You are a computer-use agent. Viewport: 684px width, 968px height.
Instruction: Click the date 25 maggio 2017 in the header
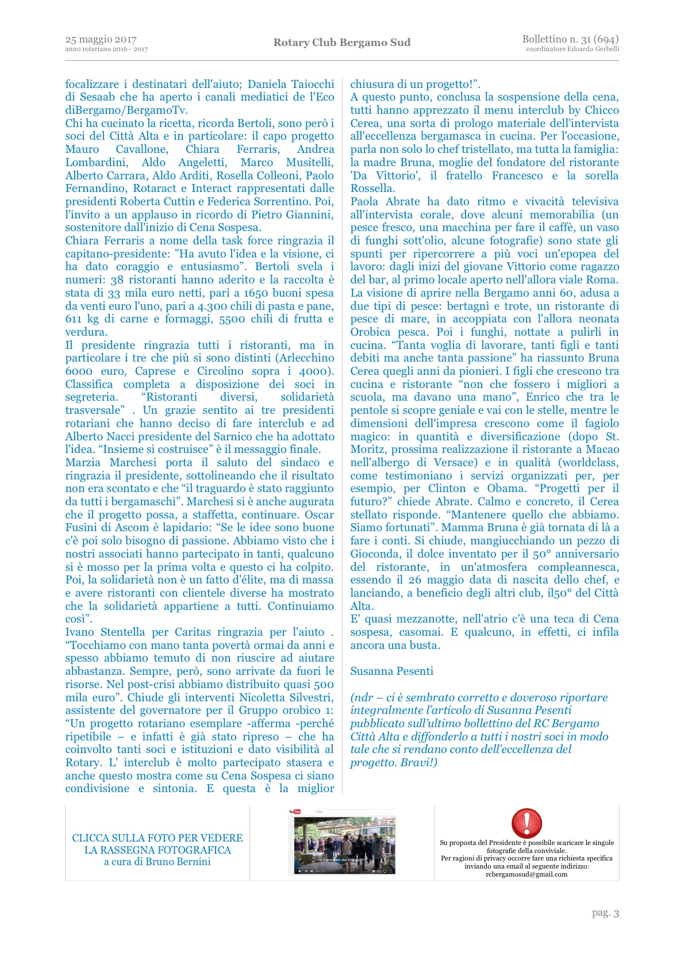tap(101, 40)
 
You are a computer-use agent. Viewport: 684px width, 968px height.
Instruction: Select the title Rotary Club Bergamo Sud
tap(342, 43)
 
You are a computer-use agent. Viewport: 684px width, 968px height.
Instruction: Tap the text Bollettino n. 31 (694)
tap(570, 39)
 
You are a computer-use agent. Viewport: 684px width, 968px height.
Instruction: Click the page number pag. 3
tap(605, 913)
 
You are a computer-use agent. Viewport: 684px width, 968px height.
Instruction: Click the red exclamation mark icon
tap(527, 823)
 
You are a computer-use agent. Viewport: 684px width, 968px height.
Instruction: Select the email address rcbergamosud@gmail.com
tap(527, 874)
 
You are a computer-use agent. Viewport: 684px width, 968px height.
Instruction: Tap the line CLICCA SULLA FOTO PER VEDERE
tap(157, 838)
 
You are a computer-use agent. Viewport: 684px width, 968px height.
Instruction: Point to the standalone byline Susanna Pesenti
tap(392, 671)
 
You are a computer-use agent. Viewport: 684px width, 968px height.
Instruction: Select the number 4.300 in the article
tap(217, 306)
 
